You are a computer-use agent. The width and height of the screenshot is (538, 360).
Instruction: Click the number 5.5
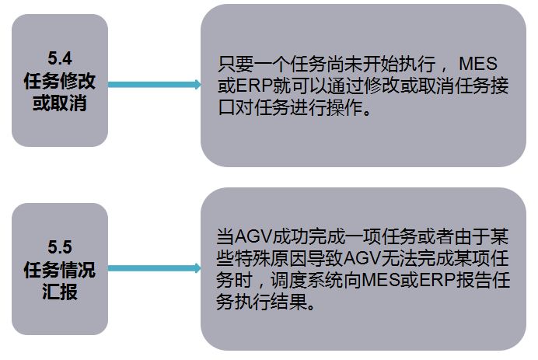(x=59, y=248)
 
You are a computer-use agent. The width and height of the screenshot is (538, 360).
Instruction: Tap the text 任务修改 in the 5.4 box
(x=59, y=80)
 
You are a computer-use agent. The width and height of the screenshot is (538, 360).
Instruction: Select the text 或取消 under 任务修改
(x=59, y=103)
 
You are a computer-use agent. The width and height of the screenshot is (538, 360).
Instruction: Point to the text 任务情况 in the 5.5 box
(x=59, y=271)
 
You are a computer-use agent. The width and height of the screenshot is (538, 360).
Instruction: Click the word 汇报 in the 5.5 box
(x=59, y=295)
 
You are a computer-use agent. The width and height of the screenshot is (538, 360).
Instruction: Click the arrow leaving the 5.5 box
(x=155, y=269)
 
